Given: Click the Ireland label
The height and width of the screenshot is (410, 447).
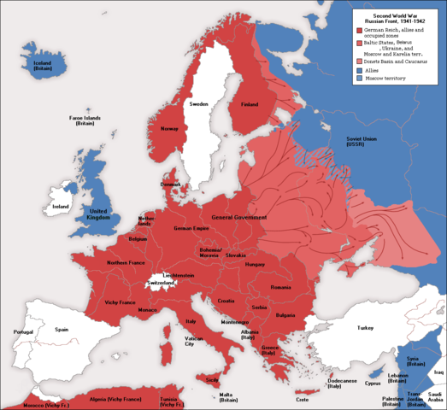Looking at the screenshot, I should [x=60, y=207].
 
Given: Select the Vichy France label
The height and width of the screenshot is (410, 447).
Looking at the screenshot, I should [x=120, y=302].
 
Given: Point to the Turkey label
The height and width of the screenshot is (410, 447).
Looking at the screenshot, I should [x=366, y=328].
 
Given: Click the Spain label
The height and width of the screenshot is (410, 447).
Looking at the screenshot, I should [x=62, y=329].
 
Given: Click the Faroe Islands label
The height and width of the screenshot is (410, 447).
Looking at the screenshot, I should [x=83, y=122].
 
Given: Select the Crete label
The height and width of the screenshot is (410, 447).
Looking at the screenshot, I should [x=302, y=400].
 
